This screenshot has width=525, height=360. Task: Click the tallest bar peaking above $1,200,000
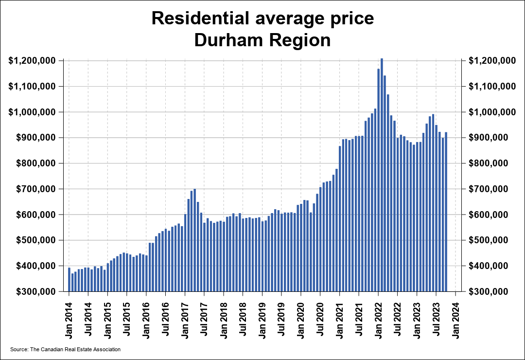(382, 175)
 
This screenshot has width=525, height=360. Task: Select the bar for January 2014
(69, 280)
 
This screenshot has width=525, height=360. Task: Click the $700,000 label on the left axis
(32, 189)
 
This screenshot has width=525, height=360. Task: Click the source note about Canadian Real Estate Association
(65, 349)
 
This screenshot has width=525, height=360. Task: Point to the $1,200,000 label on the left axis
(32, 61)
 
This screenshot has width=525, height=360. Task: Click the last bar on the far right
(446, 212)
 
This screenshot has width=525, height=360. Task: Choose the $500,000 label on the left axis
(32, 240)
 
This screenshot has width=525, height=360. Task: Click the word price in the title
(351, 18)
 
